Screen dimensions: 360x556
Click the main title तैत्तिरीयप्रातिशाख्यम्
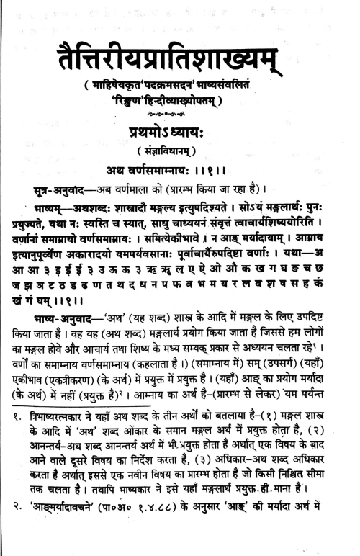[x=180, y=54]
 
